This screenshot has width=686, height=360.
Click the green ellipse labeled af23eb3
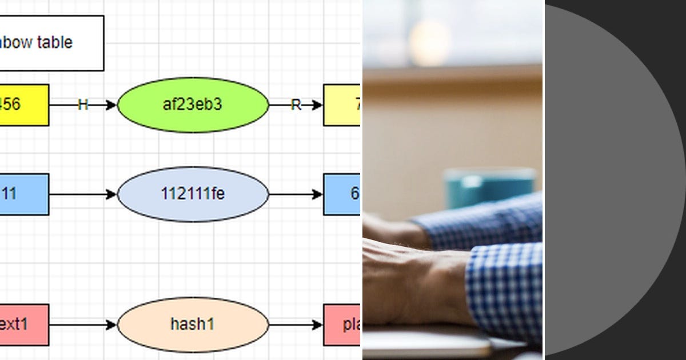pyautogui.click(x=193, y=105)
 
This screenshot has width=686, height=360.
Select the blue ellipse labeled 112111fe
pyautogui.click(x=193, y=194)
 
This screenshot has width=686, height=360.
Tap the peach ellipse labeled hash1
pyautogui.click(x=193, y=325)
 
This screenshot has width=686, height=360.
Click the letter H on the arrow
pyautogui.click(x=83, y=105)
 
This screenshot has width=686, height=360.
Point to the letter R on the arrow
pyautogui.click(x=296, y=105)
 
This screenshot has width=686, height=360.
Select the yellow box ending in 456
pyautogui.click(x=23, y=105)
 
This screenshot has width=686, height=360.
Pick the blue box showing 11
pyautogui.click(x=23, y=194)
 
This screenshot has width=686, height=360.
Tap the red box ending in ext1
pyautogui.click(x=23, y=325)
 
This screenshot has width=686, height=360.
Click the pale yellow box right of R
pyautogui.click(x=342, y=105)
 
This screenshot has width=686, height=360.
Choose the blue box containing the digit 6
pyautogui.click(x=342, y=194)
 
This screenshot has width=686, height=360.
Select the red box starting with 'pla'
pyautogui.click(x=342, y=325)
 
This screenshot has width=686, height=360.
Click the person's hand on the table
pyautogui.click(x=412, y=280)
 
